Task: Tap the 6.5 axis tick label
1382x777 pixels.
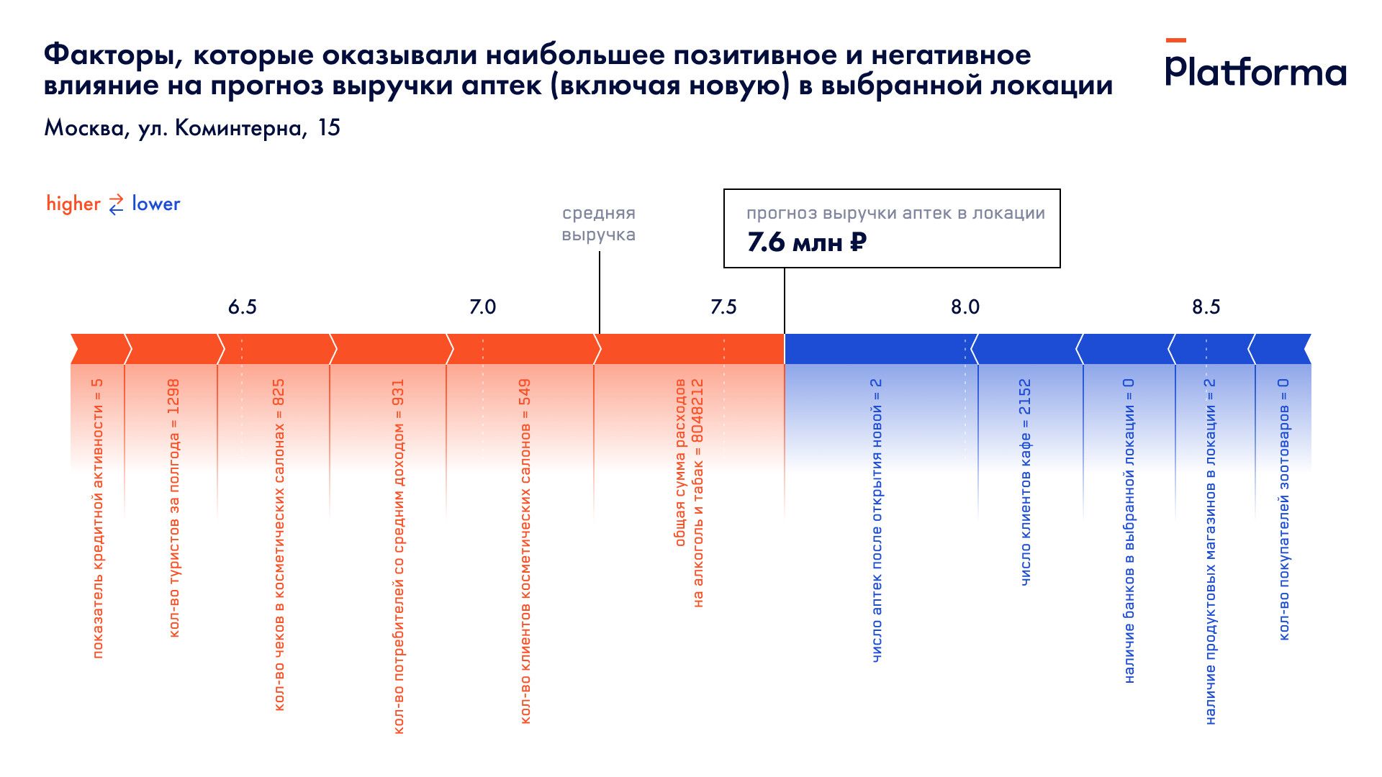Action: tap(242, 307)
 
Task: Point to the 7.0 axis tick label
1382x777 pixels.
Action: tap(482, 307)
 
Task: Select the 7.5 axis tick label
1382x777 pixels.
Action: tap(723, 307)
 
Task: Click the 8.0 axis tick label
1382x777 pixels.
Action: tap(965, 307)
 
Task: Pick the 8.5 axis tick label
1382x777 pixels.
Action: tap(1206, 307)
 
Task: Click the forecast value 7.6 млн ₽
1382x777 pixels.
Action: tap(806, 242)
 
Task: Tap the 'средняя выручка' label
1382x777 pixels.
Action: tap(598, 224)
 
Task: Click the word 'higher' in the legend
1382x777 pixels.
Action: tap(73, 204)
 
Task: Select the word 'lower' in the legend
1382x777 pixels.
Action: tap(155, 204)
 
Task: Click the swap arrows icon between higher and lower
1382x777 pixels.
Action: tap(116, 204)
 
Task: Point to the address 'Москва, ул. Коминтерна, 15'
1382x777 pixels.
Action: tap(192, 128)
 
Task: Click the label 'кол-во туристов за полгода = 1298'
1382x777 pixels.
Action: tap(173, 508)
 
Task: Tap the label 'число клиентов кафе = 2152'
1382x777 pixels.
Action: tap(1025, 482)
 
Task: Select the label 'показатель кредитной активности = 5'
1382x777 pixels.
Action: tap(98, 518)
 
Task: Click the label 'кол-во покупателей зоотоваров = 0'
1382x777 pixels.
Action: tap(1283, 509)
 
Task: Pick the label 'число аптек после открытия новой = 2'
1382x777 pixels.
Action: tap(876, 520)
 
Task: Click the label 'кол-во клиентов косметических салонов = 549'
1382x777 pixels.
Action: tap(525, 551)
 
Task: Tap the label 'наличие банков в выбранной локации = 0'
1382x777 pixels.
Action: tap(1129, 531)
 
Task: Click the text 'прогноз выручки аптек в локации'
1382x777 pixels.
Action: tap(895, 214)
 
